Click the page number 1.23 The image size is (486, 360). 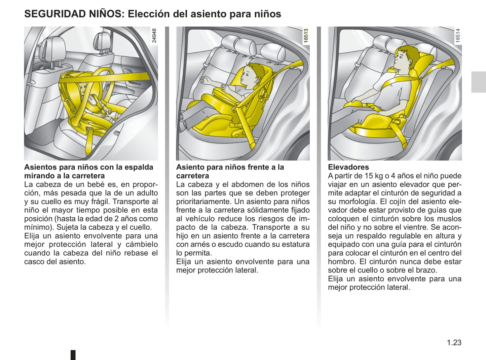454,343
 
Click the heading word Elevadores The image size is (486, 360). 348,167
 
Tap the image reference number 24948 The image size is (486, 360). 154,35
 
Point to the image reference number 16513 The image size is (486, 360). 306,35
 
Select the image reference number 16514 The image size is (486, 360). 457,35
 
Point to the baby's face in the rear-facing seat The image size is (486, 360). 83,89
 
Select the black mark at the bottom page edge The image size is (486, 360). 73,355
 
